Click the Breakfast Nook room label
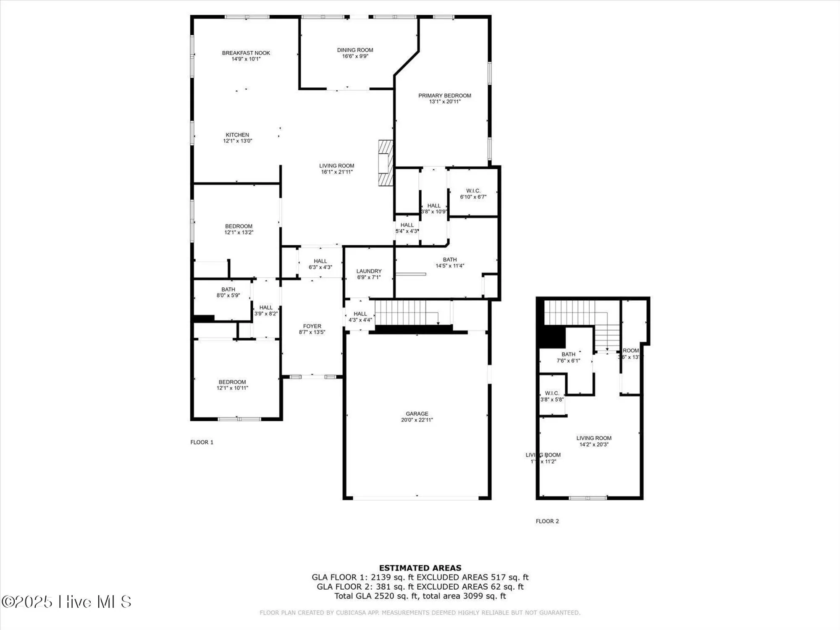246,53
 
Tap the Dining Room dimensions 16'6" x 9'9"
355,56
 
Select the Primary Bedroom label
444,96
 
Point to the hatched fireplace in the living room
385,163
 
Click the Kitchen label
237,135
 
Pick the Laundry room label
369,271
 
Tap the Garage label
417,414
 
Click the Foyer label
312,326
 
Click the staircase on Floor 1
403,312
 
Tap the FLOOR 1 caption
202,442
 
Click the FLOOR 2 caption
547,521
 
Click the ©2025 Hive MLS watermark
66,602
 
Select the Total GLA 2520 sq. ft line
420,596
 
